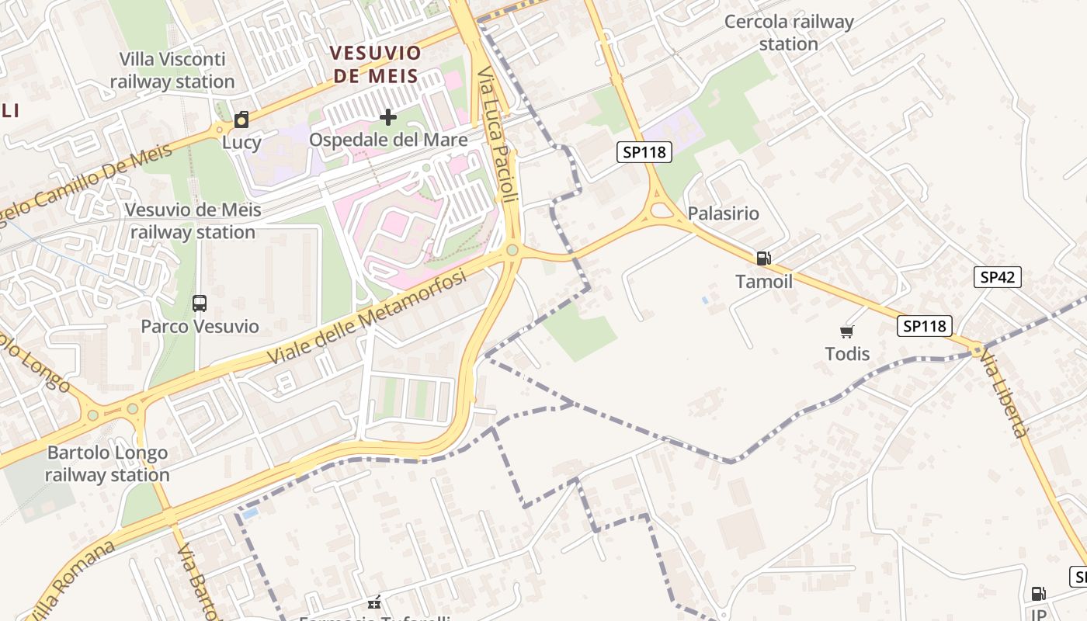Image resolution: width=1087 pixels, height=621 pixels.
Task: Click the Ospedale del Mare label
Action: click(x=388, y=140)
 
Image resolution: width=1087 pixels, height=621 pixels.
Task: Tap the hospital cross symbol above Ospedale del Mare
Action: click(x=388, y=118)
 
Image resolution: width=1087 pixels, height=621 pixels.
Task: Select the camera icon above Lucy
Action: click(x=241, y=120)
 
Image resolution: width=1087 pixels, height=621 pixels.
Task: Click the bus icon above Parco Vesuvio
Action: click(x=200, y=304)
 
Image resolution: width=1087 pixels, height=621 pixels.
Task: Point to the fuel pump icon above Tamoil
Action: click(x=763, y=258)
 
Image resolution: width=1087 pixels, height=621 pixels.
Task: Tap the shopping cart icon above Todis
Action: click(x=847, y=331)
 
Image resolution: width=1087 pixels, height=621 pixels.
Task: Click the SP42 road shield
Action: click(x=998, y=277)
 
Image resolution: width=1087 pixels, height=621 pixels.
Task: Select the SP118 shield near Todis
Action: click(x=925, y=326)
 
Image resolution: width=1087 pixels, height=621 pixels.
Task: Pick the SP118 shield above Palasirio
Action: click(x=644, y=152)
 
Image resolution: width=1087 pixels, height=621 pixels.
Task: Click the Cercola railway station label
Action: click(x=789, y=33)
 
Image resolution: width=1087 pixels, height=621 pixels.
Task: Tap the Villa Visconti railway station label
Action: click(x=172, y=70)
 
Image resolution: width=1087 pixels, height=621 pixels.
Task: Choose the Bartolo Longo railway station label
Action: click(x=107, y=463)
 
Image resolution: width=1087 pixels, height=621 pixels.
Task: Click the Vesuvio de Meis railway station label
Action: click(x=193, y=220)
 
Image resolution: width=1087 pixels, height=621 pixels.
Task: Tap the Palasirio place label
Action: click(x=724, y=213)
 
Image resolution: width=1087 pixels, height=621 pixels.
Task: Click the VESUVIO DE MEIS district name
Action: click(x=375, y=64)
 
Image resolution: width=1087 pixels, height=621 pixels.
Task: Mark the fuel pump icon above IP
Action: click(x=1038, y=594)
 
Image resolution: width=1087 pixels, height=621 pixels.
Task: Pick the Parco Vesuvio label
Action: click(x=200, y=326)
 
